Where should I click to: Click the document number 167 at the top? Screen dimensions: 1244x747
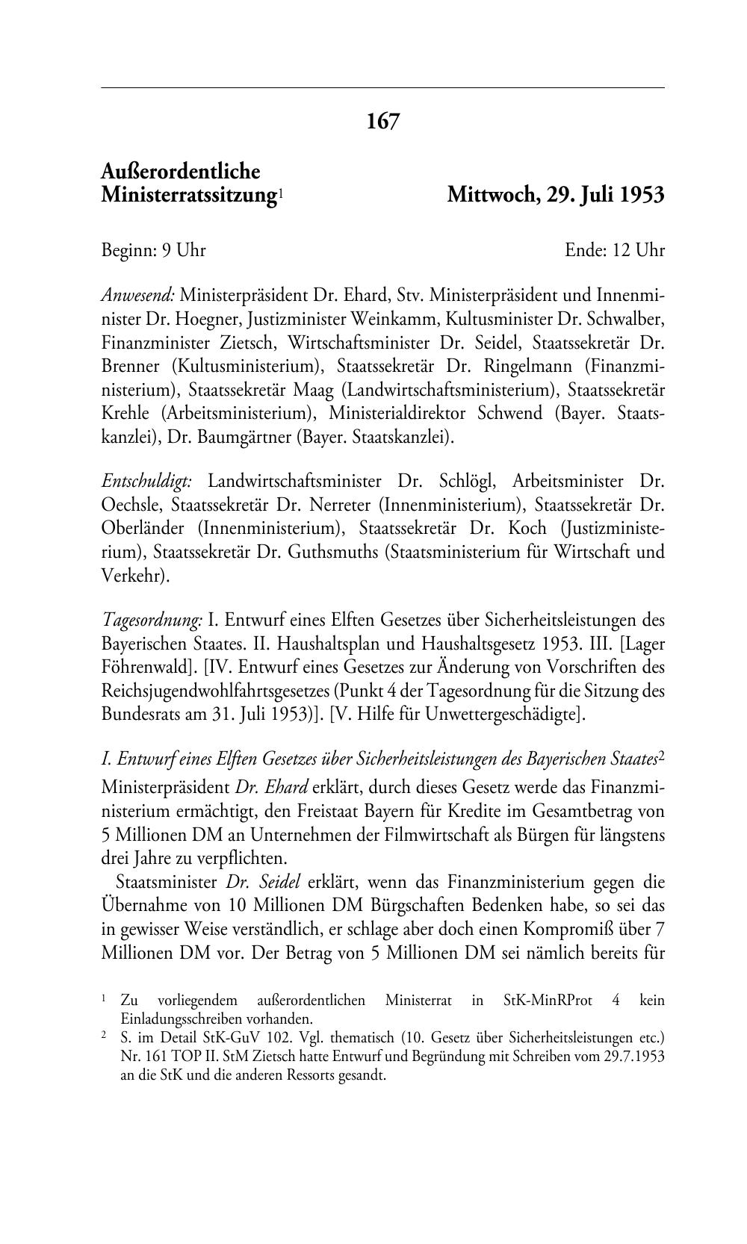click(x=382, y=121)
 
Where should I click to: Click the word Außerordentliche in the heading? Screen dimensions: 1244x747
click(x=181, y=172)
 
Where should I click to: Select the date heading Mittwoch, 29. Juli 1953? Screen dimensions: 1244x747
click(x=555, y=195)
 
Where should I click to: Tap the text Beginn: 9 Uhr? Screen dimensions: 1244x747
click(x=153, y=250)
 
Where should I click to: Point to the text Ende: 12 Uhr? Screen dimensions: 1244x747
click(x=614, y=250)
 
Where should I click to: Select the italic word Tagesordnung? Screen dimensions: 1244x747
click(x=152, y=620)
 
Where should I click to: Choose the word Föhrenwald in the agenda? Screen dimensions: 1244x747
click(x=143, y=668)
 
